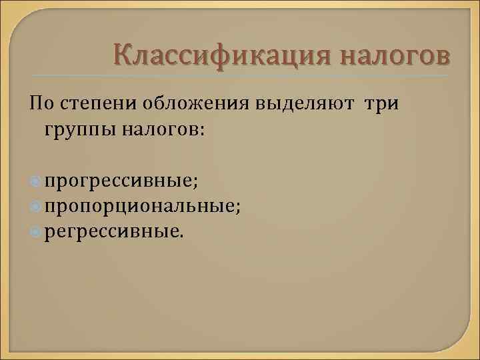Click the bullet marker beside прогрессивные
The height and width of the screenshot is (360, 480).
pyautogui.click(x=35, y=181)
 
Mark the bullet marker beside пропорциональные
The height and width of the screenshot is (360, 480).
pyautogui.click(x=35, y=207)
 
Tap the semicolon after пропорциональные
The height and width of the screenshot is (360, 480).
pyautogui.click(x=239, y=208)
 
